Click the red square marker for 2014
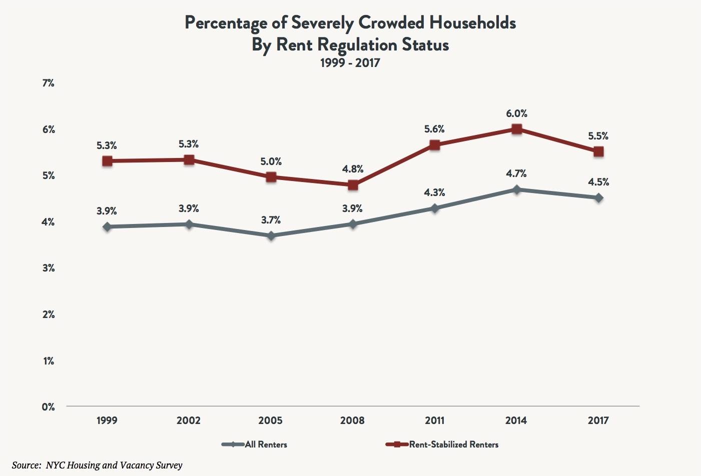(516, 129)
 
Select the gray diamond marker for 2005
(271, 235)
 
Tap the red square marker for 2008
(353, 185)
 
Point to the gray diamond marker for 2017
(598, 198)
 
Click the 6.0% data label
(516, 114)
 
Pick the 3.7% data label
(271, 220)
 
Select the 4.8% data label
(353, 169)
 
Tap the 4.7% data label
(516, 174)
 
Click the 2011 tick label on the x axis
(434, 420)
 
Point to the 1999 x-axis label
(107, 420)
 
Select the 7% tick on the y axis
(49, 83)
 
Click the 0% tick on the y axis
(49, 407)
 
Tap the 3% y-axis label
(49, 268)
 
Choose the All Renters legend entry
(266, 444)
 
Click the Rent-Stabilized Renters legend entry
(453, 444)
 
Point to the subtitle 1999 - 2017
(350, 63)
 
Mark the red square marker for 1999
(107, 161)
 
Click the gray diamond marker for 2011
(434, 208)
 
